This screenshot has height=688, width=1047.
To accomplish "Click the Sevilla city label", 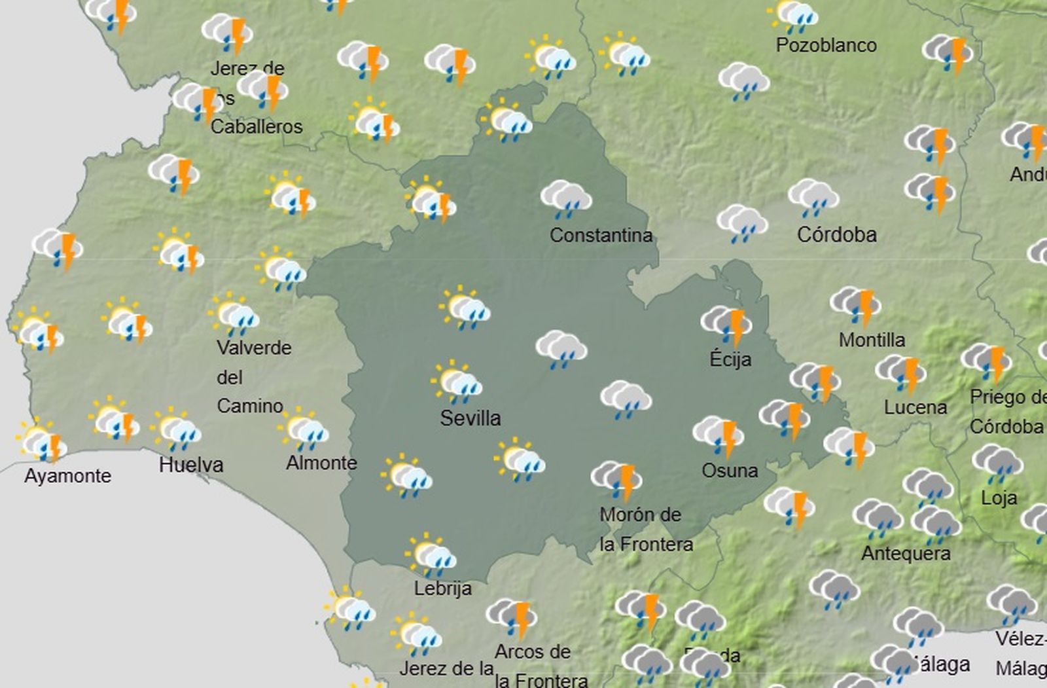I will pyautogui.click(x=470, y=418).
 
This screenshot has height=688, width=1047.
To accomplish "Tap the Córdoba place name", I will pyautogui.click(x=836, y=234).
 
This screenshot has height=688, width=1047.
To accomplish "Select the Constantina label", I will pyautogui.click(x=601, y=235).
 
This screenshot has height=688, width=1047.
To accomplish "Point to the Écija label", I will pyautogui.click(x=730, y=359).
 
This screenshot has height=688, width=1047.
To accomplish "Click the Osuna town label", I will pyautogui.click(x=730, y=470).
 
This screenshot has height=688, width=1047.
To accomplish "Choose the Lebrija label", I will pyautogui.click(x=442, y=588).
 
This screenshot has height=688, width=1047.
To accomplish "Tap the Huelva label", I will pyautogui.click(x=191, y=465).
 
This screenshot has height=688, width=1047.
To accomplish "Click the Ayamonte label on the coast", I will pyautogui.click(x=67, y=475).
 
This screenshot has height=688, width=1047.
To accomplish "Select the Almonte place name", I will pyautogui.click(x=321, y=463).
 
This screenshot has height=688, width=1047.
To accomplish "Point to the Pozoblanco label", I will pyautogui.click(x=826, y=45).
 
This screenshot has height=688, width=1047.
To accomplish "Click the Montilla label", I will pyautogui.click(x=872, y=340).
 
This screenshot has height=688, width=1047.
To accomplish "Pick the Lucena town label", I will pyautogui.click(x=915, y=407).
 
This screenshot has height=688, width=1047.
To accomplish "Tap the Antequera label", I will pyautogui.click(x=906, y=553).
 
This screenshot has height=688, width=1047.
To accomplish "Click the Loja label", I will pyautogui.click(x=999, y=498).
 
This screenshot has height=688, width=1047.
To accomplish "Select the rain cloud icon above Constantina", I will pyautogui.click(x=566, y=198).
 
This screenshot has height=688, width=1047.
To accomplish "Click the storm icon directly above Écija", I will pyautogui.click(x=726, y=324).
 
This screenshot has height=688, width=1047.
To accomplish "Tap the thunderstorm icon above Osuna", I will pyautogui.click(x=719, y=435).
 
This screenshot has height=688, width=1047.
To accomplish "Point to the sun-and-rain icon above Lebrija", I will pyautogui.click(x=431, y=554).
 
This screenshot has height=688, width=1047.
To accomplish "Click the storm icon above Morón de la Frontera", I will pyautogui.click(x=616, y=479).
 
